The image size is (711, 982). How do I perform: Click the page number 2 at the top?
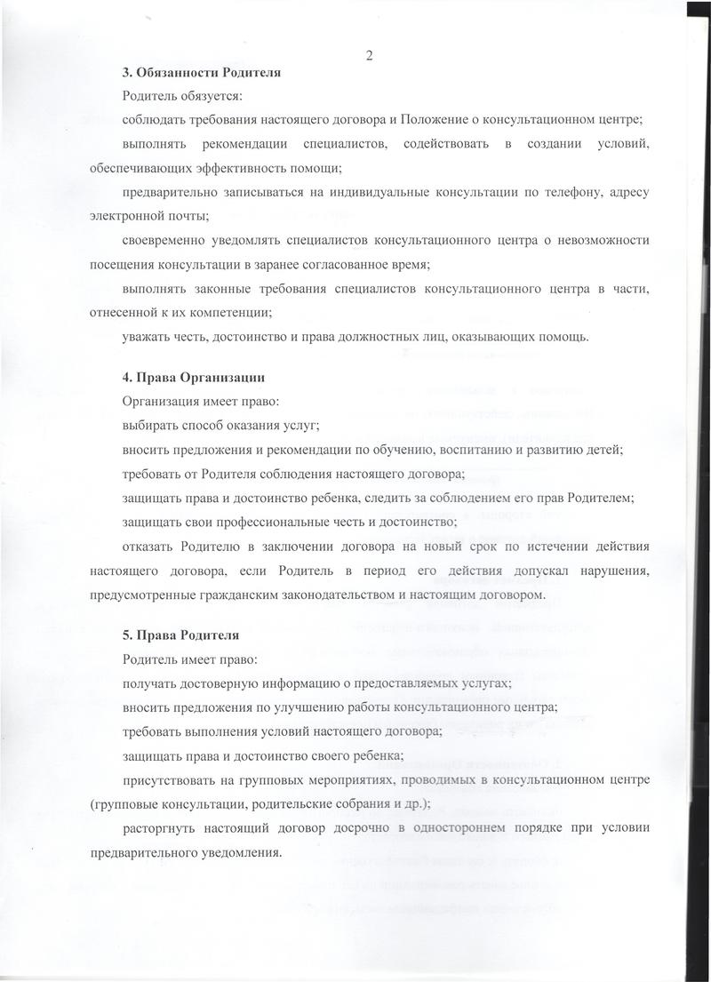tap(368, 55)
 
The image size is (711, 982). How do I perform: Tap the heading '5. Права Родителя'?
tap(180, 637)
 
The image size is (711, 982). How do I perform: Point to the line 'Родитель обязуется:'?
tap(181, 95)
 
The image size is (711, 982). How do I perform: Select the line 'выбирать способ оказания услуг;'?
tap(221, 426)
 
